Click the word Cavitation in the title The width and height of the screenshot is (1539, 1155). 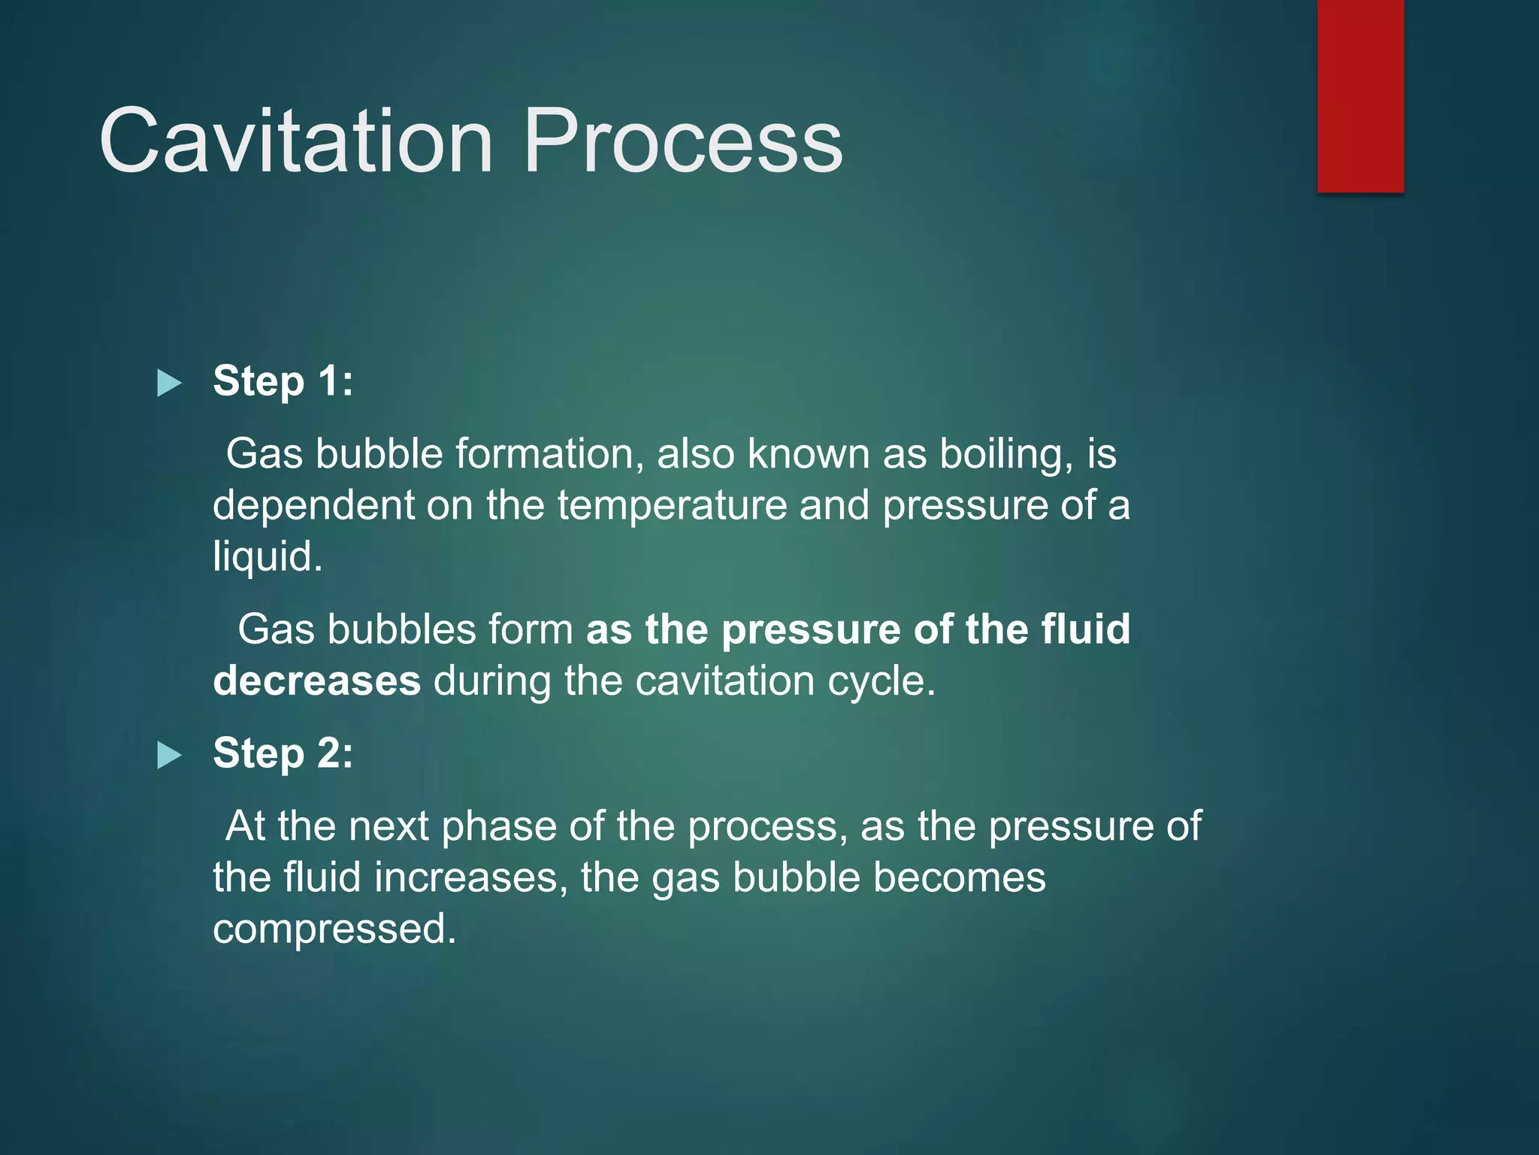[295, 141]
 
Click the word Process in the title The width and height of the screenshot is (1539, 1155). [682, 141]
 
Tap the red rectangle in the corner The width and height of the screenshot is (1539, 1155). [1360, 95]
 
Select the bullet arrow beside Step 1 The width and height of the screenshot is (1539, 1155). [169, 383]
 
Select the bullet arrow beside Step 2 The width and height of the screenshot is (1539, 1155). [169, 756]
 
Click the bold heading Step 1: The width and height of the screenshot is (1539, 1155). [283, 380]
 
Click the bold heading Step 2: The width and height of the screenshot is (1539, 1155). [283, 753]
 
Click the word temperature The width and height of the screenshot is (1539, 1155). [672, 505]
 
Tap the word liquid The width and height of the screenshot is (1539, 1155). [267, 557]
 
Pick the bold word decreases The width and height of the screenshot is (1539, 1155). [316, 681]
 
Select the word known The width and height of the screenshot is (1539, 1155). [808, 454]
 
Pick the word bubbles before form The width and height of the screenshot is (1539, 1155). [401, 629]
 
